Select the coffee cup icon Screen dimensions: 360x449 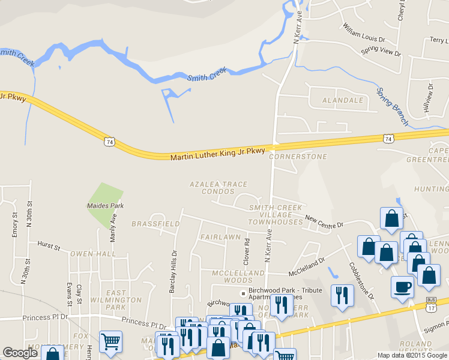tap(402, 286)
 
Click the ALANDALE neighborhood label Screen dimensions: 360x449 tap(343, 100)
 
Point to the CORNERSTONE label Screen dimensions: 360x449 tap(298, 157)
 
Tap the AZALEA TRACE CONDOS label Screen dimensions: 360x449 tap(211, 188)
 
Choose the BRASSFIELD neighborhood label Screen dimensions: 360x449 tap(155, 224)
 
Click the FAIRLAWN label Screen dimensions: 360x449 tap(216, 238)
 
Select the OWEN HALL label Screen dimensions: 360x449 tap(92, 254)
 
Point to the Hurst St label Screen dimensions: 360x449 tap(49, 246)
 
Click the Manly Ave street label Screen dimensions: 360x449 tap(113, 226)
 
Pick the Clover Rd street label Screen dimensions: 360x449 tap(247, 250)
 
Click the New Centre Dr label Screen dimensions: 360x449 tap(324, 221)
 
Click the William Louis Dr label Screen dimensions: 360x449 tap(363, 34)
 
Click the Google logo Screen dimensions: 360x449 tap(20, 353)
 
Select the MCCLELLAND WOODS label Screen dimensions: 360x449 tap(238, 277)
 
